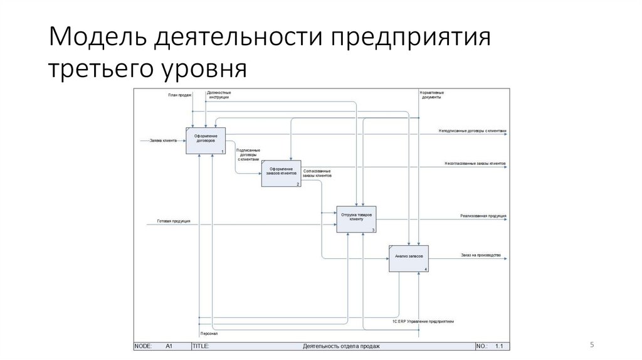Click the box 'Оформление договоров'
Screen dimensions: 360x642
206,141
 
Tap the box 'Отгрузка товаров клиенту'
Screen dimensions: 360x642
356,218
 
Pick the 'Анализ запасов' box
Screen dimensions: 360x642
408,257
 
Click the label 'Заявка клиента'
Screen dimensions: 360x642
163,140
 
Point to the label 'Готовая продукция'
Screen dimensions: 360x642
174,221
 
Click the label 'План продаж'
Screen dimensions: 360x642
179,95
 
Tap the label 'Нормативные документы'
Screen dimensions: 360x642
432,95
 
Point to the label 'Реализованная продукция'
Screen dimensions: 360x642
483,216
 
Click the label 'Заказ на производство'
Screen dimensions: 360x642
480,255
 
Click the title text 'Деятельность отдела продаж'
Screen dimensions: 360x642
341,346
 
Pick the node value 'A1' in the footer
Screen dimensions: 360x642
169,346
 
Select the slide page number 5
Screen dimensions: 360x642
591,344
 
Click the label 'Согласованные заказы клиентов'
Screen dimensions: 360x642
317,174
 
